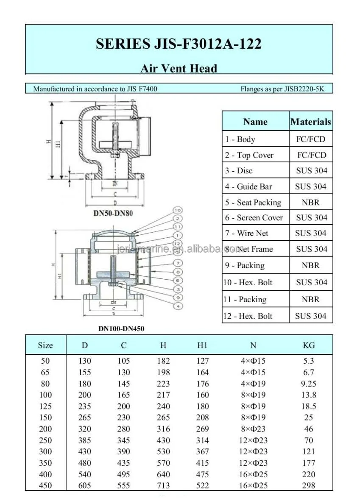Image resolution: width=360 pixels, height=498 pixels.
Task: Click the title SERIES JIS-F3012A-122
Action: (179, 44)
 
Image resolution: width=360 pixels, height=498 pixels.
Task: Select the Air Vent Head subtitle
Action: (179, 68)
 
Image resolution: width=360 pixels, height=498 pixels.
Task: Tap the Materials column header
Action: (311, 122)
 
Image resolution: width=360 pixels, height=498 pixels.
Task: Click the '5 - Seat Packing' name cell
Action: (253, 202)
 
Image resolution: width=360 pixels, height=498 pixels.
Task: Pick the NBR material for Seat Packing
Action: (311, 202)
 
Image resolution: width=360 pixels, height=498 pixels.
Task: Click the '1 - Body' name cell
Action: (240, 139)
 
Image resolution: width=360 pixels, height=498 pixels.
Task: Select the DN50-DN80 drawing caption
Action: (113, 213)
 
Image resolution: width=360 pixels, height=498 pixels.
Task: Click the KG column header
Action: (309, 345)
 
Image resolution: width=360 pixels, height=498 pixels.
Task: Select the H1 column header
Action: (203, 345)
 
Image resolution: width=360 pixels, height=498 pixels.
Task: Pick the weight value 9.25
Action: (309, 384)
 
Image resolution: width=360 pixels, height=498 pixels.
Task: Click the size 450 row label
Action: (45, 486)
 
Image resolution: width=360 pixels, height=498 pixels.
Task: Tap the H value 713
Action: (163, 486)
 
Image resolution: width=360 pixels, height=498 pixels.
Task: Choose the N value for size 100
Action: (253, 395)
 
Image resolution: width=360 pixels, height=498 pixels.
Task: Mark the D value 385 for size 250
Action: (85, 440)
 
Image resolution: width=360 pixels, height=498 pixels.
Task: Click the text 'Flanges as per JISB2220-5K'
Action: (282, 89)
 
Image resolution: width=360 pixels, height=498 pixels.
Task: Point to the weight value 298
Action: (309, 486)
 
